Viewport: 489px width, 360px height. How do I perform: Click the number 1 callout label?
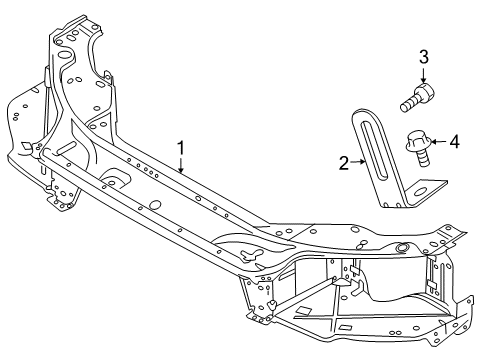coord(181,148)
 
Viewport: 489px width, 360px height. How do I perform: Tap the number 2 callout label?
coord(343,162)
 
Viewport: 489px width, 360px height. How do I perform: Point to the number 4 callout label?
coord(454,142)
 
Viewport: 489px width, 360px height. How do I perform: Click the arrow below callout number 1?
coord(181,165)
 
